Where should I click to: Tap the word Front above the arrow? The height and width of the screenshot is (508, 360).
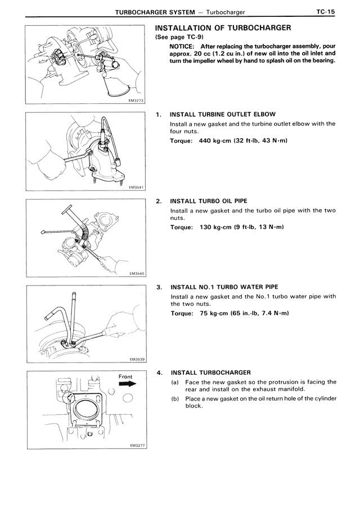[x=128, y=375]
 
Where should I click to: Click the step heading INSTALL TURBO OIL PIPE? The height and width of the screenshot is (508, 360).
[x=208, y=201]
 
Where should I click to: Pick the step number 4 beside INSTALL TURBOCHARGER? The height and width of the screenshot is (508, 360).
[x=159, y=373]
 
